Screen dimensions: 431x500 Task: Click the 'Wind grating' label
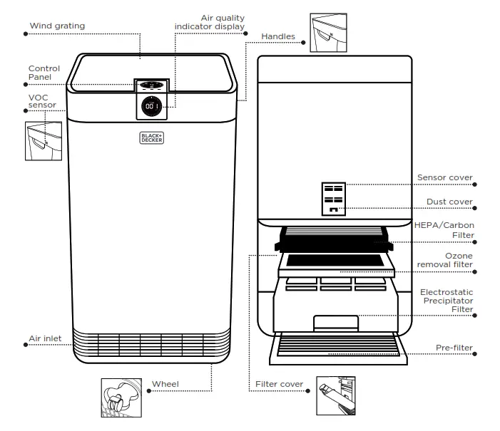(x=56, y=26)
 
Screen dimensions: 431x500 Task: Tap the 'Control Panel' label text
(x=44, y=73)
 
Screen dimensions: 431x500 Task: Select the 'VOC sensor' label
(x=42, y=100)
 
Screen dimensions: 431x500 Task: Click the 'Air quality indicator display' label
(x=210, y=21)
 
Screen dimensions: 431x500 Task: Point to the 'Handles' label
(x=278, y=36)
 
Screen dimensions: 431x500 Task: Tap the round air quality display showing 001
(x=151, y=105)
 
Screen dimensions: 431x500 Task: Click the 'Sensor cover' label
(x=445, y=177)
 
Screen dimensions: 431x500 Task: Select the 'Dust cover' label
(x=449, y=202)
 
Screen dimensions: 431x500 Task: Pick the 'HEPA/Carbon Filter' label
(x=444, y=229)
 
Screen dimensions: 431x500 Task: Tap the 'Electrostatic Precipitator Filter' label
(x=447, y=301)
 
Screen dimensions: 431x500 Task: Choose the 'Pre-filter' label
(x=454, y=348)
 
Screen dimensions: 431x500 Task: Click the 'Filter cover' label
(x=280, y=385)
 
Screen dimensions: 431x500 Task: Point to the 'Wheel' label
(x=165, y=385)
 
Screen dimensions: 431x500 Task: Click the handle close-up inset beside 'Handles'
(x=327, y=33)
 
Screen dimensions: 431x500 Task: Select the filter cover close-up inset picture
(x=337, y=395)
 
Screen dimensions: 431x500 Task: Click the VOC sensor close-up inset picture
(x=39, y=142)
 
